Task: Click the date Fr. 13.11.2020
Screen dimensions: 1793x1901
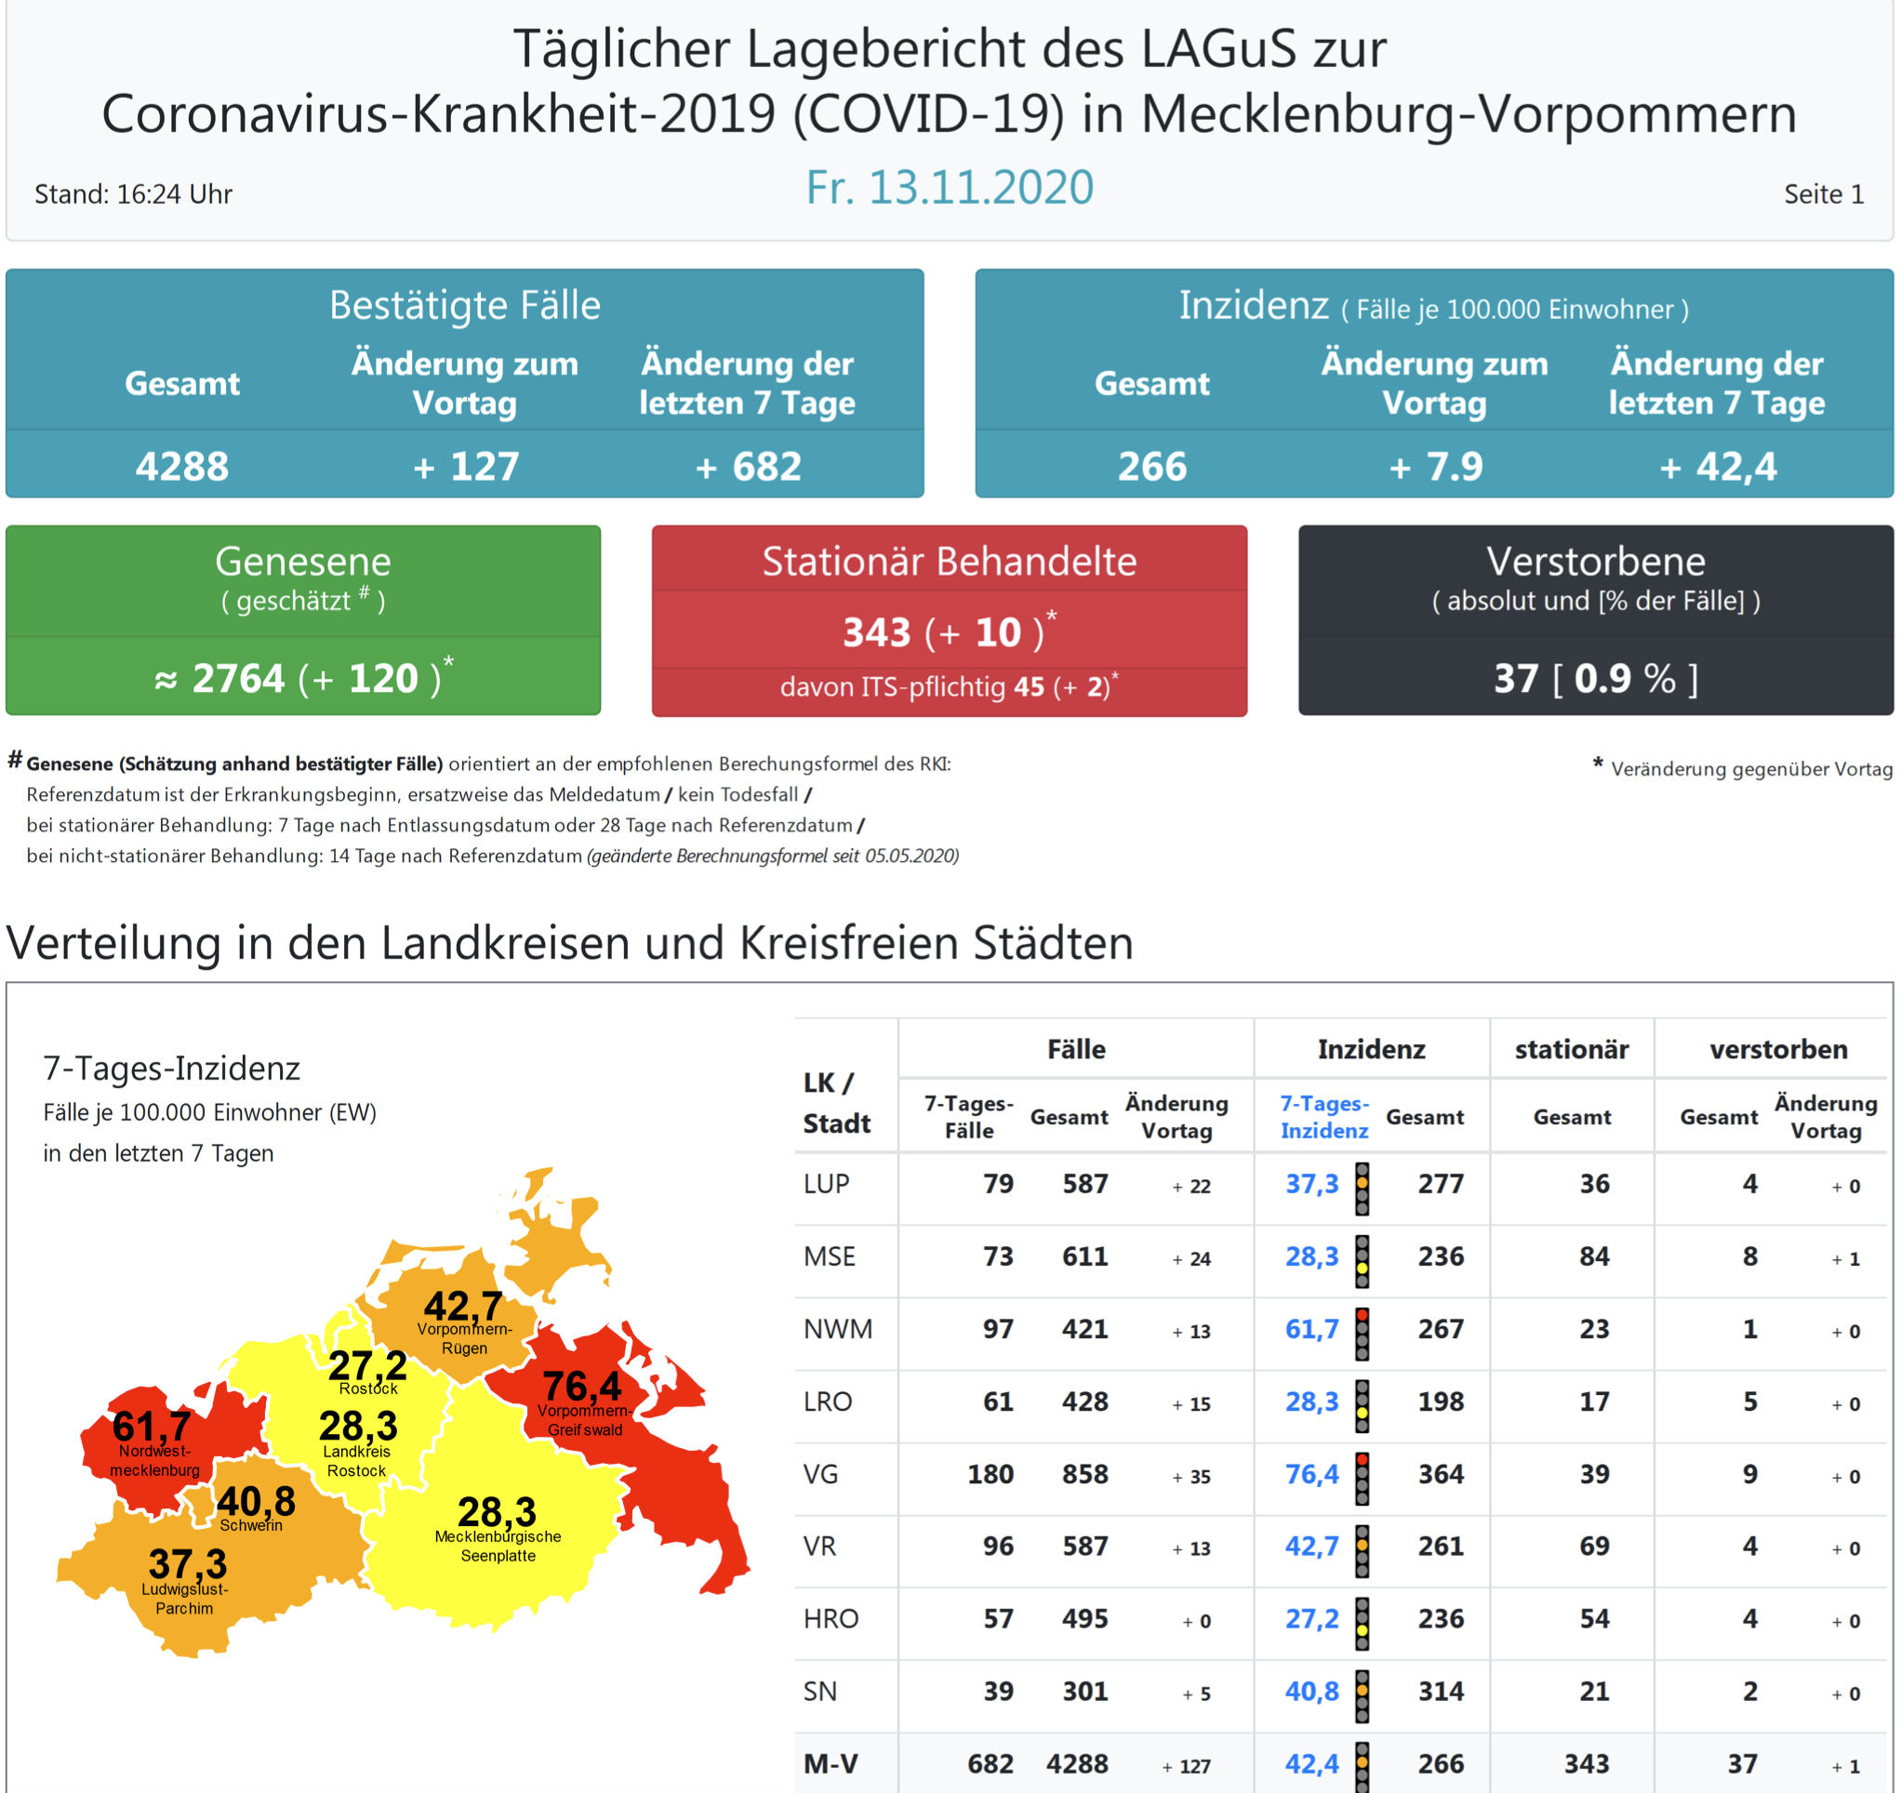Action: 949,188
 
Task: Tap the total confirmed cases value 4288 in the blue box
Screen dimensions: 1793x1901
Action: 181,467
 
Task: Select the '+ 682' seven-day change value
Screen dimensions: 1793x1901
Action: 748,467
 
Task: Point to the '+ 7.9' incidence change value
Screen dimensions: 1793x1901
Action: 1435,467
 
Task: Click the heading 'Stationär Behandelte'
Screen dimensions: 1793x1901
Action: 949,562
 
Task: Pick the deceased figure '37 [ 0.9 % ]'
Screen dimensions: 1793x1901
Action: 1595,678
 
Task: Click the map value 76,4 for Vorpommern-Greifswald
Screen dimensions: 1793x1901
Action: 581,1386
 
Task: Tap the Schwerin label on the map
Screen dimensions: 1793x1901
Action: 250,1525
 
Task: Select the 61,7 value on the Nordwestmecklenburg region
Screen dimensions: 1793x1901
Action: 151,1426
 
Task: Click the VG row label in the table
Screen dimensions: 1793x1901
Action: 820,1474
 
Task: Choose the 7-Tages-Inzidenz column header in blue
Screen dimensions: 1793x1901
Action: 1323,1117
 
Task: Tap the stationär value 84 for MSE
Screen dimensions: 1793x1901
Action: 1593,1256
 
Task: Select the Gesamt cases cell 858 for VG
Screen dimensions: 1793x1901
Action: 1084,1474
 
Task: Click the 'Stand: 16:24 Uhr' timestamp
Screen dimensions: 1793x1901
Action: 133,194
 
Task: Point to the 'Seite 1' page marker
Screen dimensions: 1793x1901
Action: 1823,194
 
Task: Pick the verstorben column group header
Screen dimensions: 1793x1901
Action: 1777,1049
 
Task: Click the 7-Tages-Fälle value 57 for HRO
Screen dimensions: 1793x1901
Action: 998,1619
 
